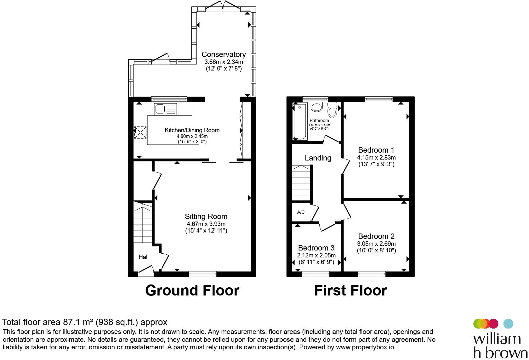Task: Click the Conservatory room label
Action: [224, 54]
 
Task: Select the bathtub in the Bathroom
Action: [300, 121]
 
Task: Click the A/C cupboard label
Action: [301, 212]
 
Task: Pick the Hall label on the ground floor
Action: [143, 257]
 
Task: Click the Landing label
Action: [318, 158]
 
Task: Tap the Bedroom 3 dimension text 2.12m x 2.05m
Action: [316, 255]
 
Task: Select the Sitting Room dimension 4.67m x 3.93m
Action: [206, 224]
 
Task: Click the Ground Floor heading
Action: [192, 290]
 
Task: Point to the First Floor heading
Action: [350, 290]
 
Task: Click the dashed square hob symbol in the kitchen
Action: [140, 132]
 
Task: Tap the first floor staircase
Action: [301, 183]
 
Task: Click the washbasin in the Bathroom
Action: [316, 107]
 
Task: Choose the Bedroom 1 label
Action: [376, 150]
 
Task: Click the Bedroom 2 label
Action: [376, 236]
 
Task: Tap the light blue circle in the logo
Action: [508, 323]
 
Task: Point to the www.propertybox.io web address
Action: [365, 347]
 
